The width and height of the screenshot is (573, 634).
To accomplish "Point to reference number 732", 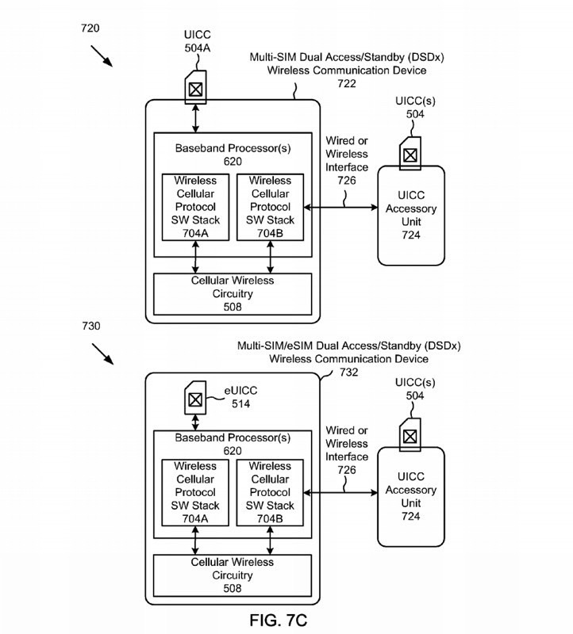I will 348,372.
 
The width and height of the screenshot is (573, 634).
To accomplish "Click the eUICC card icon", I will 194,398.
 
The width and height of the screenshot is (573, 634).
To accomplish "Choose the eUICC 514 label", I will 241,397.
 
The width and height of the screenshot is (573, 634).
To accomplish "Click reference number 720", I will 90,29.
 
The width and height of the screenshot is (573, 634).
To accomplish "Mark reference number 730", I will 90,327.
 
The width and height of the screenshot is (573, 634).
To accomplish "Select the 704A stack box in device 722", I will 195,207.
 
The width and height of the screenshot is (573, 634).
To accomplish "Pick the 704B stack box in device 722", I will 270,207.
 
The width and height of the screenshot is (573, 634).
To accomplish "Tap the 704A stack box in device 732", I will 195,492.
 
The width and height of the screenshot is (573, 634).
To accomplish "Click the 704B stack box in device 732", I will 270,492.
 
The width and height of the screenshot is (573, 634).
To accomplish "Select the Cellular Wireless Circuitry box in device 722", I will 233,293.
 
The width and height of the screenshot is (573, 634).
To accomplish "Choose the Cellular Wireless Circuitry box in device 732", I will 233,575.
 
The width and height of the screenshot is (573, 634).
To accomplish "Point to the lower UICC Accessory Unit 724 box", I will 410,497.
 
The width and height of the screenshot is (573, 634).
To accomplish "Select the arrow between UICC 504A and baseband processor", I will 195,118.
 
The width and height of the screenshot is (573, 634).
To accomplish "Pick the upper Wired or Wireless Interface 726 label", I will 347,161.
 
